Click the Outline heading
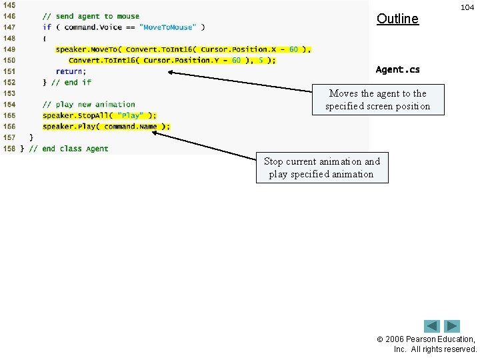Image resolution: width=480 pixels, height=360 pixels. point(397,19)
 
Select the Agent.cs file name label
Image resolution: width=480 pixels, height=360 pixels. point(398,69)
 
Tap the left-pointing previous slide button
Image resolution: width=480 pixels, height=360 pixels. point(432,327)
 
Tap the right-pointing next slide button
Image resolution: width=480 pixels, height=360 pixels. point(452,327)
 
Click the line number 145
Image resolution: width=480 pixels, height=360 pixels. point(9,5)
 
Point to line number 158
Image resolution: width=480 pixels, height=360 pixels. point(9,148)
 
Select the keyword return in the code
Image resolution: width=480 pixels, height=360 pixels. point(70,71)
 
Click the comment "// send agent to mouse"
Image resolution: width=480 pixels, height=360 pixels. point(91,16)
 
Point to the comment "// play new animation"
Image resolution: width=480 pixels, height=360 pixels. point(89,104)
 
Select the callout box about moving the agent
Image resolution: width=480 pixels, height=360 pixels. point(378,100)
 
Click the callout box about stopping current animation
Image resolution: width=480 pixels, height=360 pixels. point(321,167)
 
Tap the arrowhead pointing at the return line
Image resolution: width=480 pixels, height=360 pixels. point(171,72)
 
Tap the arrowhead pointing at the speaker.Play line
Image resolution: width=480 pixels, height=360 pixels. point(155,132)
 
